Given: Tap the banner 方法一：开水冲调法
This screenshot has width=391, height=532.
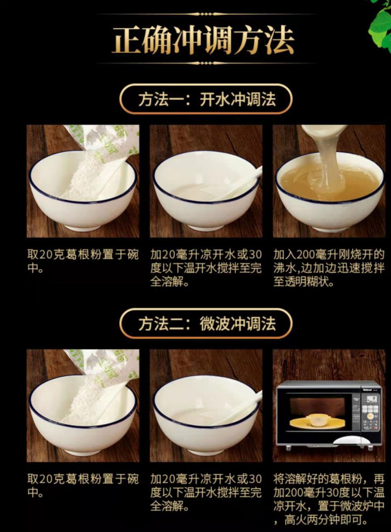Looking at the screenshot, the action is [206, 99].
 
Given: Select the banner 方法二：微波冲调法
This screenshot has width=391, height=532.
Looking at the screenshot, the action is [206, 324].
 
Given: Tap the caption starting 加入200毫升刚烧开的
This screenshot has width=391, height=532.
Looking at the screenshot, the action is [329, 269].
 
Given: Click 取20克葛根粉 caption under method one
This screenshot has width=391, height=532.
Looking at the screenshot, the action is [83, 261].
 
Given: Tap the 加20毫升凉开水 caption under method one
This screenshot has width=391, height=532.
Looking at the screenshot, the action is [206, 269].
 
